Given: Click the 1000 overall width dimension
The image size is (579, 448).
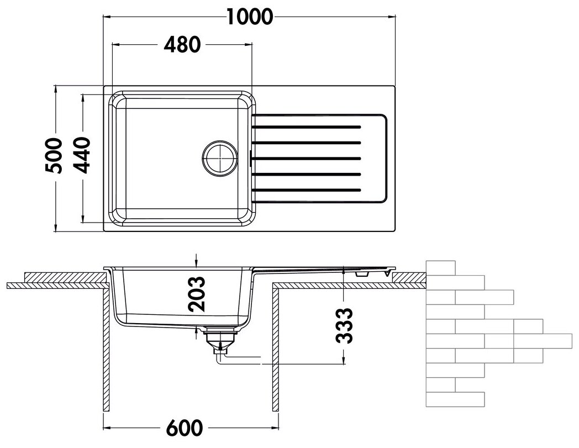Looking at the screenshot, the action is [x=249, y=17].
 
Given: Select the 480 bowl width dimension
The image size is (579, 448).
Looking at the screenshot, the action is [x=182, y=45].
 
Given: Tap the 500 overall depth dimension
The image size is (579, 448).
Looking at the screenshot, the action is [x=53, y=155].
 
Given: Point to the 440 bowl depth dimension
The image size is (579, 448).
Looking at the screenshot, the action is [x=81, y=155].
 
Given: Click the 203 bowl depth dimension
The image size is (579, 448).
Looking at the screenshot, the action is [x=196, y=294].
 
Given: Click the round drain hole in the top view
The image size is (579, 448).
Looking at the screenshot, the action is [x=220, y=158].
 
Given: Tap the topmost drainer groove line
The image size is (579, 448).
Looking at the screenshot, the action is [x=306, y=127].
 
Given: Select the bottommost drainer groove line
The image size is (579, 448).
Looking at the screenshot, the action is [x=306, y=191].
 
